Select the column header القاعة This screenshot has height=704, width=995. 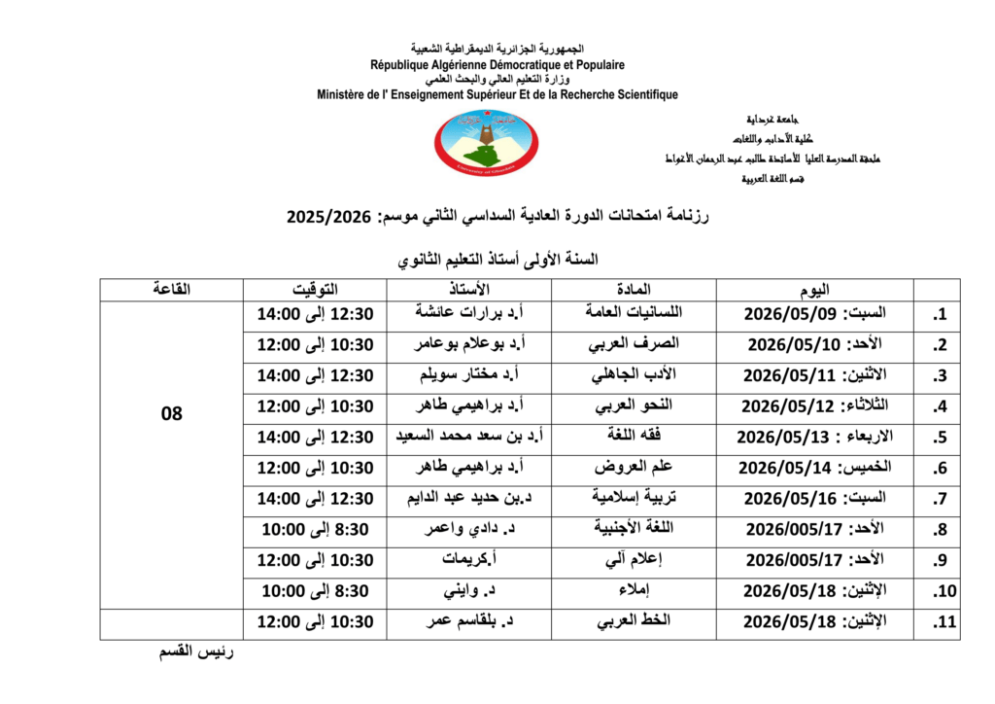(x=171, y=290)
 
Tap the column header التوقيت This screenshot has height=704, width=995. (x=316, y=290)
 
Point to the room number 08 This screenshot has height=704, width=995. (x=171, y=414)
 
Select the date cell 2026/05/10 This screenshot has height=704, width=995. (x=815, y=344)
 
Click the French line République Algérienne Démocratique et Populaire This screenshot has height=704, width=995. (x=497, y=65)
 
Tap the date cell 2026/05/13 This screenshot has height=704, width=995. (x=815, y=437)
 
